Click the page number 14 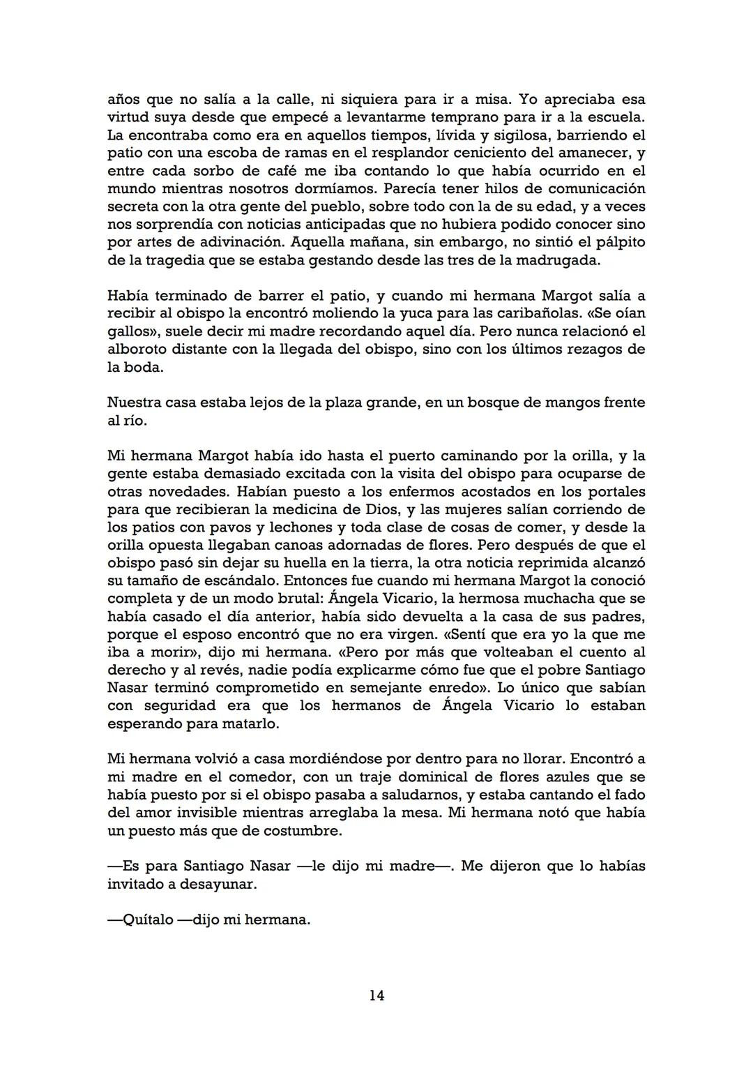click(376, 996)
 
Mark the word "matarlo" click(250, 723)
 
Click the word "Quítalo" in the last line click(147, 919)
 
